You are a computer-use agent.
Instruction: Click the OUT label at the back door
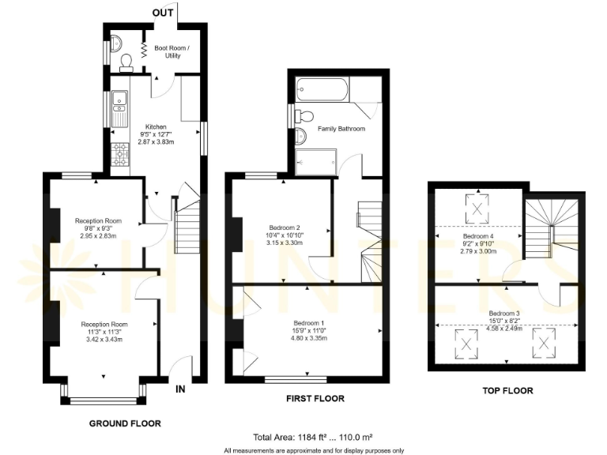click(163, 13)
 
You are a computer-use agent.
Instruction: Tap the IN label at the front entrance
click(180, 389)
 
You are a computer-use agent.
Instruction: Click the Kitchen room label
click(155, 126)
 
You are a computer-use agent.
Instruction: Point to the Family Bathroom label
click(341, 128)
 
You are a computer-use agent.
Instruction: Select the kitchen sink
click(120, 100)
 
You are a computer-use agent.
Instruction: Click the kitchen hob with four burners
click(121, 155)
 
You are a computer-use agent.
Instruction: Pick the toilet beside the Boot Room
click(126, 61)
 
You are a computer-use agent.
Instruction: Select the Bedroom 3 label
click(504, 314)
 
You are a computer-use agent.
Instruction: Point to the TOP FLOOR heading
click(507, 390)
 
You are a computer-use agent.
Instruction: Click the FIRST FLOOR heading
click(315, 399)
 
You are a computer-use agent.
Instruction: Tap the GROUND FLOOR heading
click(125, 424)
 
